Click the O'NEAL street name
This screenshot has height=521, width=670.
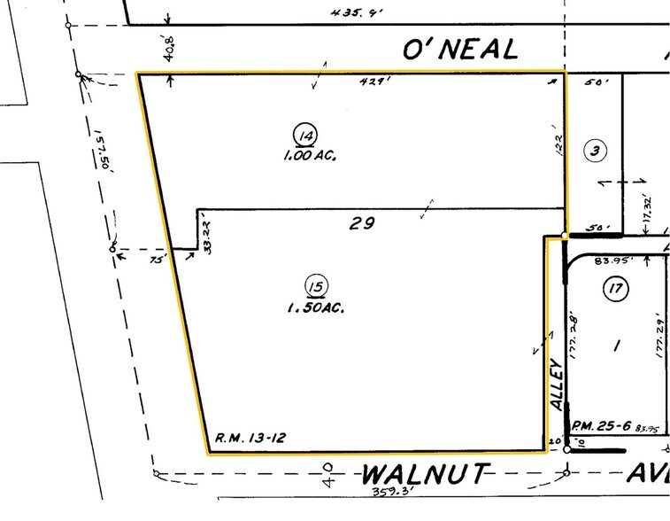coord(459,50)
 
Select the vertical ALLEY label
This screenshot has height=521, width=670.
coord(556,382)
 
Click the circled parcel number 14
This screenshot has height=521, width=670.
coord(305,136)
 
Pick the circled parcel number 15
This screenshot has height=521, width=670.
coord(313,285)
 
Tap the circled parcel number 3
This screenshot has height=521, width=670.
coord(596,152)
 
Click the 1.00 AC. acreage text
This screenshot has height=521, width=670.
coord(308,156)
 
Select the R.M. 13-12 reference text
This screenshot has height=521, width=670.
coord(249,438)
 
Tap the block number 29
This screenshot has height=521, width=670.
coord(358,224)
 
